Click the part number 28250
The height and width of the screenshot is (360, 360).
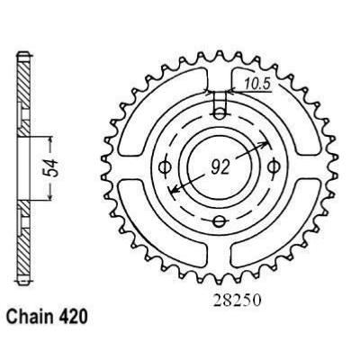(x=217, y=306)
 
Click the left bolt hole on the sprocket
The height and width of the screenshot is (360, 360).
(x=165, y=166)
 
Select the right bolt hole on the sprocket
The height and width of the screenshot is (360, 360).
(x=274, y=164)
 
